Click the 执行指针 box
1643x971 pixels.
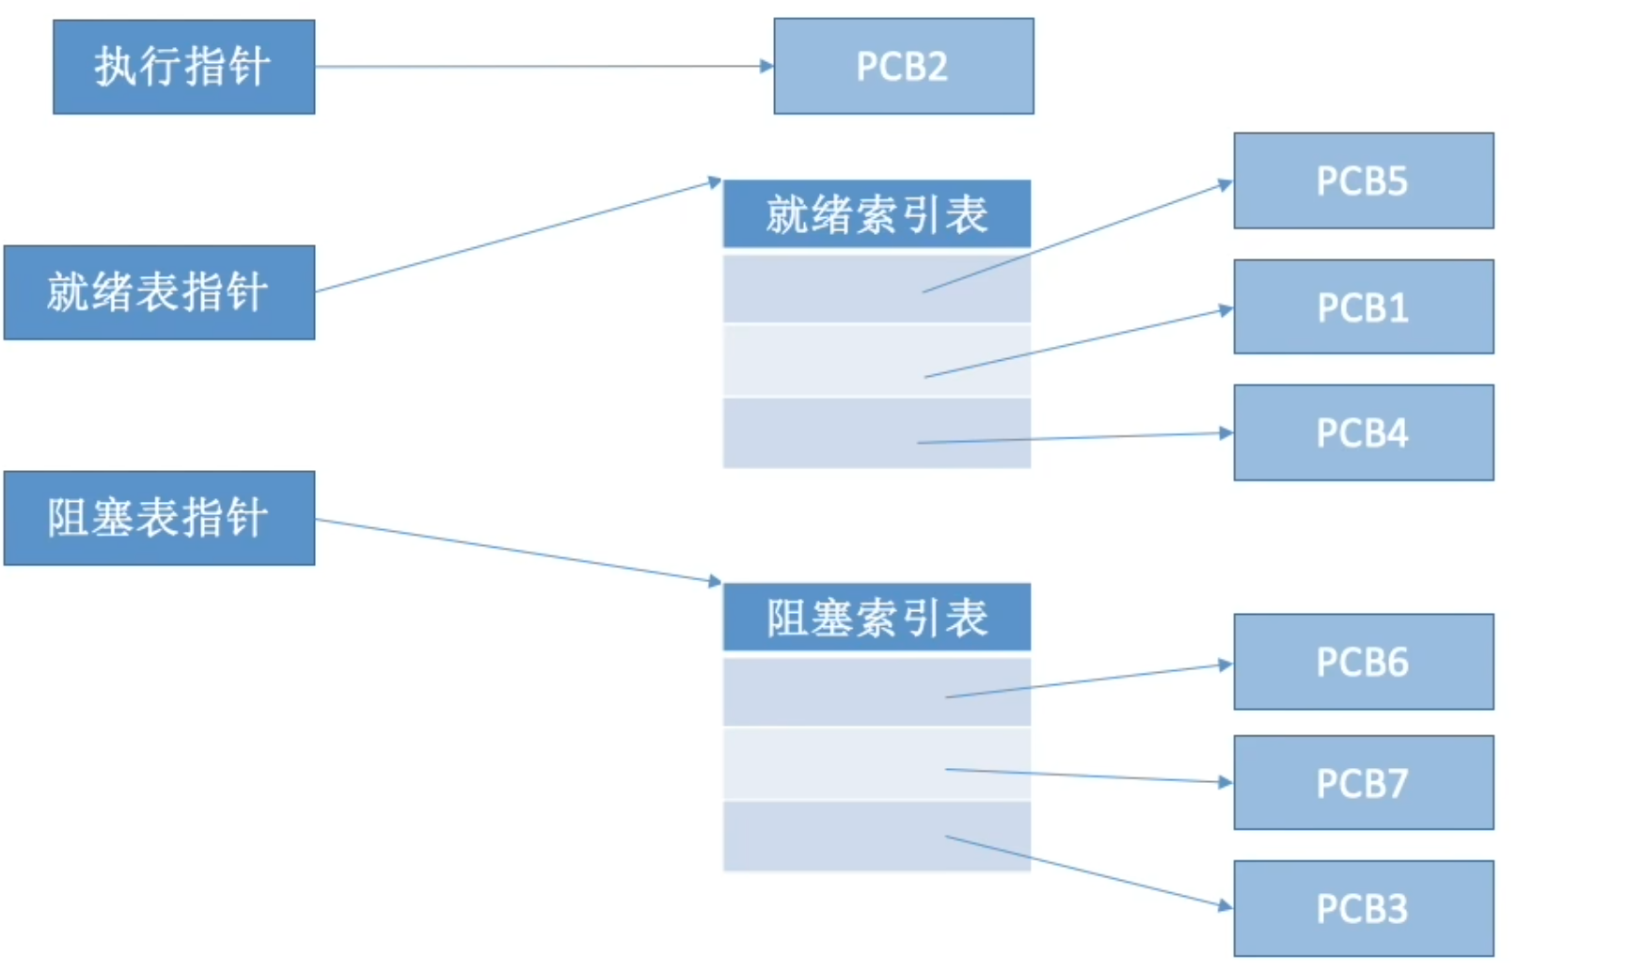183,67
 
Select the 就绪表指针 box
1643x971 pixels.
159,292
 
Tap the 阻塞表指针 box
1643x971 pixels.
159,518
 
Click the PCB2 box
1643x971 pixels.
903,67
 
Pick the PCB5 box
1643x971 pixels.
1363,180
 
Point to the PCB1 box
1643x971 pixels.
1363,307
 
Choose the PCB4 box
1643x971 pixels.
1363,432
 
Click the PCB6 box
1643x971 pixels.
1363,662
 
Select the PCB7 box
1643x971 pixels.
1363,783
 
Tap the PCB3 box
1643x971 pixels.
1363,908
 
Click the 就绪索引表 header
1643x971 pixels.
877,214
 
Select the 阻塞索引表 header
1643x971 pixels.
877,618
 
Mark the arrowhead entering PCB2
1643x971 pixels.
766,66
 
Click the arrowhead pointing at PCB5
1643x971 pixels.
1225,184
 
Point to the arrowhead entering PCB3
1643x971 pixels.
1225,905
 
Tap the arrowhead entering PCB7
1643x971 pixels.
1225,782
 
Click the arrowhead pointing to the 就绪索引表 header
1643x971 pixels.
715,181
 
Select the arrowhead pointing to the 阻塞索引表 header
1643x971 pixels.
715,581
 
